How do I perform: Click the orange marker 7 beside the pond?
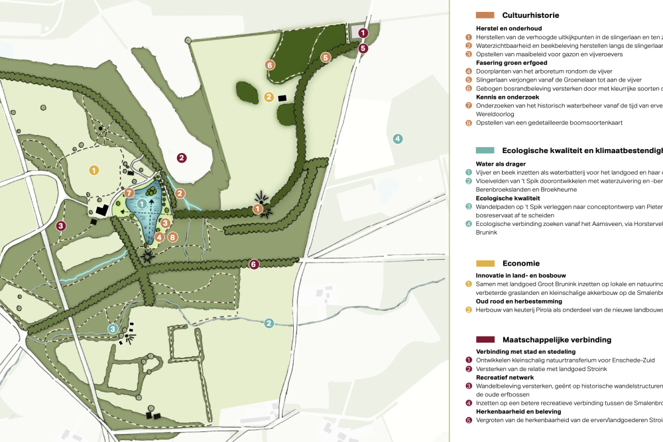point(130,193)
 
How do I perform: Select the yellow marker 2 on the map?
point(269,97)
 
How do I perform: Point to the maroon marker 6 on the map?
point(253,264)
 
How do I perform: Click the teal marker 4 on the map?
point(397,138)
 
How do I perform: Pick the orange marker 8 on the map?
point(172,237)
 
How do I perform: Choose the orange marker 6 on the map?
point(269,65)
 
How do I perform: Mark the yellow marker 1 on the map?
point(94,170)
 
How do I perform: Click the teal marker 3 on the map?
point(113,329)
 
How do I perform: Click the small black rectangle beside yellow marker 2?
point(282,99)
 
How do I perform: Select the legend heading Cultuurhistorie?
point(530,15)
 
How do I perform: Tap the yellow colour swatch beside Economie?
point(485,263)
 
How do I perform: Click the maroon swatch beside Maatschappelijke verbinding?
point(485,340)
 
